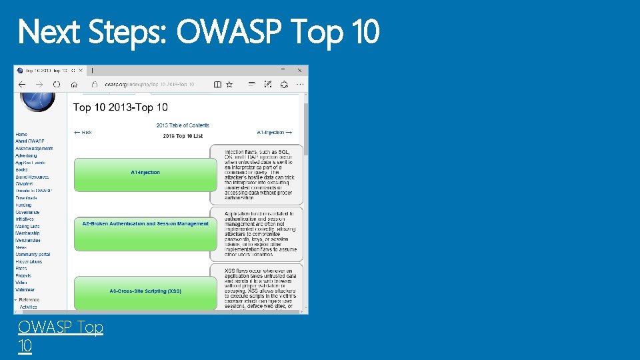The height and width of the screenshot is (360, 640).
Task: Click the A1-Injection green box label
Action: click(x=145, y=173)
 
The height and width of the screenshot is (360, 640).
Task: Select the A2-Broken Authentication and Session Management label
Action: click(x=145, y=224)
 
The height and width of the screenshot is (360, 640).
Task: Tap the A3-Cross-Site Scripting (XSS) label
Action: click(x=145, y=291)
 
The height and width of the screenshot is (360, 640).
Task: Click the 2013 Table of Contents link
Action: click(x=183, y=125)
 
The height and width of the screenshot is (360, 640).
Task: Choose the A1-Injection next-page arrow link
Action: click(x=274, y=133)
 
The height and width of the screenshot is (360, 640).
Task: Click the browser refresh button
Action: click(x=57, y=85)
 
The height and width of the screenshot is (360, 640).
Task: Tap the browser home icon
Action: click(x=75, y=85)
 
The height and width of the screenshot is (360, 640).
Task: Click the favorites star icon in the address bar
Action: click(x=229, y=85)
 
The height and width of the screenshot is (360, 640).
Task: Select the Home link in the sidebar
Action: click(x=21, y=135)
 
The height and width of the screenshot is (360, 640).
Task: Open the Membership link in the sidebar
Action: click(x=27, y=233)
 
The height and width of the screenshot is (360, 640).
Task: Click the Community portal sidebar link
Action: click(x=33, y=255)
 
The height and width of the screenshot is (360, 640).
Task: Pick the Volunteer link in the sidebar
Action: click(x=25, y=290)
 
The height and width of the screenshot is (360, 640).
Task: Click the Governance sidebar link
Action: click(x=27, y=212)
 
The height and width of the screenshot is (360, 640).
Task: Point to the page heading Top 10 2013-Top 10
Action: click(x=120, y=107)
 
